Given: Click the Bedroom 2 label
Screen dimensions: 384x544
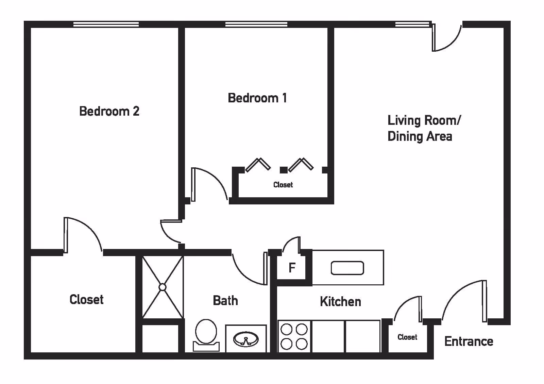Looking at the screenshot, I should (x=109, y=111).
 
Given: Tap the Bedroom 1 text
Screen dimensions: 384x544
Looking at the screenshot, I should (x=257, y=98).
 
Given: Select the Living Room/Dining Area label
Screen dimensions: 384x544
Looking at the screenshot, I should (x=424, y=128).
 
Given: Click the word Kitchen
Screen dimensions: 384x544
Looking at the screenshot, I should (x=340, y=302).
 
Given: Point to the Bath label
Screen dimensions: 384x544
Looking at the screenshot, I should (x=225, y=301).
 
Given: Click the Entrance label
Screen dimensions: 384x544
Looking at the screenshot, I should (x=469, y=341).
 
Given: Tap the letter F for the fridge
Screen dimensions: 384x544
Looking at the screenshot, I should (x=292, y=268).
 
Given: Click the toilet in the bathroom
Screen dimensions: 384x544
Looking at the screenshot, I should (x=206, y=334).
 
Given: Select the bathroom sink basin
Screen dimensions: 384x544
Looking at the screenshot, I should (x=246, y=339).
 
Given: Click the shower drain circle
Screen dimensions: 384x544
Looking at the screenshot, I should (x=163, y=287).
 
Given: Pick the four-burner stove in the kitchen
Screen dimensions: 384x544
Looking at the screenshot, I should (x=294, y=336).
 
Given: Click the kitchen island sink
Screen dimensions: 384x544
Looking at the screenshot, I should (x=347, y=268).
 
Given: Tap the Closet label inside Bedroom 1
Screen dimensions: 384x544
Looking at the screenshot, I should (x=283, y=185).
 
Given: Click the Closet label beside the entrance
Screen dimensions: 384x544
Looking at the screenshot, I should (x=407, y=337).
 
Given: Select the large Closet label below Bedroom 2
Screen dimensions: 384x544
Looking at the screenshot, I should (x=86, y=299).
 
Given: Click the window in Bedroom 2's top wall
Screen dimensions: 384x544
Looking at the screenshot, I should (x=106, y=24).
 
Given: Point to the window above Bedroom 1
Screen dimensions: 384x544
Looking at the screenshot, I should (x=256, y=24).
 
